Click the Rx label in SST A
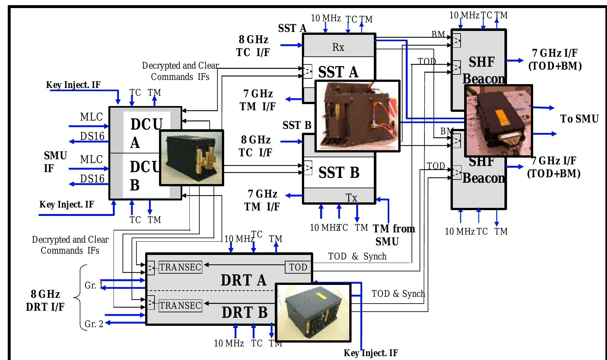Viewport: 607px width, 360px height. pyautogui.click(x=338, y=47)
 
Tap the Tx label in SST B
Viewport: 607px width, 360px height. pyautogui.click(x=351, y=197)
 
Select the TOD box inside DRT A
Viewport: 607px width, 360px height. pyautogui.click(x=298, y=267)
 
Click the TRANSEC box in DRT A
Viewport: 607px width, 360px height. pyautogui.click(x=180, y=267)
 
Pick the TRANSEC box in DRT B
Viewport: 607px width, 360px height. pyautogui.click(x=180, y=305)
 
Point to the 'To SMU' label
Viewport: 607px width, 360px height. pyautogui.click(x=579, y=119)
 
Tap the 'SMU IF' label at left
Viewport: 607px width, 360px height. pyautogui.click(x=55, y=162)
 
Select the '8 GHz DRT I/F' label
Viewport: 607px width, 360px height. pyautogui.click(x=45, y=300)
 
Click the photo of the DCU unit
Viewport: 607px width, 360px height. pyautogui.click(x=192, y=158)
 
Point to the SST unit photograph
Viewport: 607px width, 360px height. pyautogui.click(x=357, y=116)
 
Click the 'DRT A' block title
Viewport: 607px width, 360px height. pyautogui.click(x=244, y=280)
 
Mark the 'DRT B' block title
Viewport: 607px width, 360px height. pyautogui.click(x=244, y=312)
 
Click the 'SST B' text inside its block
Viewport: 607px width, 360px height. pyautogui.click(x=339, y=172)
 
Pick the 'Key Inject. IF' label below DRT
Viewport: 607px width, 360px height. pyautogui.click(x=371, y=353)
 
